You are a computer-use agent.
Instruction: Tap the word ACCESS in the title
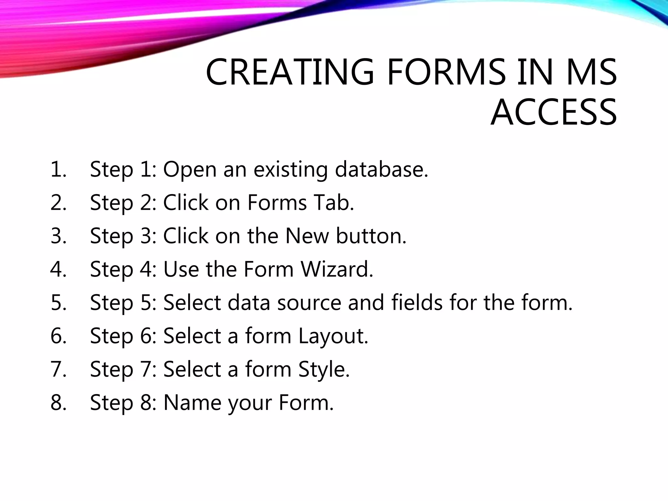click(554, 113)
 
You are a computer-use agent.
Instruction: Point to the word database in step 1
click(381, 170)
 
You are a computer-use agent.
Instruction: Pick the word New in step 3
click(307, 236)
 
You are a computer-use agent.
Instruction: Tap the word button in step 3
click(371, 236)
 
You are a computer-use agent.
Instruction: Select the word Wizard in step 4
click(337, 269)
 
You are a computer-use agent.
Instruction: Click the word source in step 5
click(309, 303)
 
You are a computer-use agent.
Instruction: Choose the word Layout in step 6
click(333, 336)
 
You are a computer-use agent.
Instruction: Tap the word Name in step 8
click(192, 403)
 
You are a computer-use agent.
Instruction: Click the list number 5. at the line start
click(59, 303)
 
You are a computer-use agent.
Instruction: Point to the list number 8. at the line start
click(59, 403)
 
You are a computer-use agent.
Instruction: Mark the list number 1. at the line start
click(59, 170)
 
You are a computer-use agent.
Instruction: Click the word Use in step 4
click(181, 269)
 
